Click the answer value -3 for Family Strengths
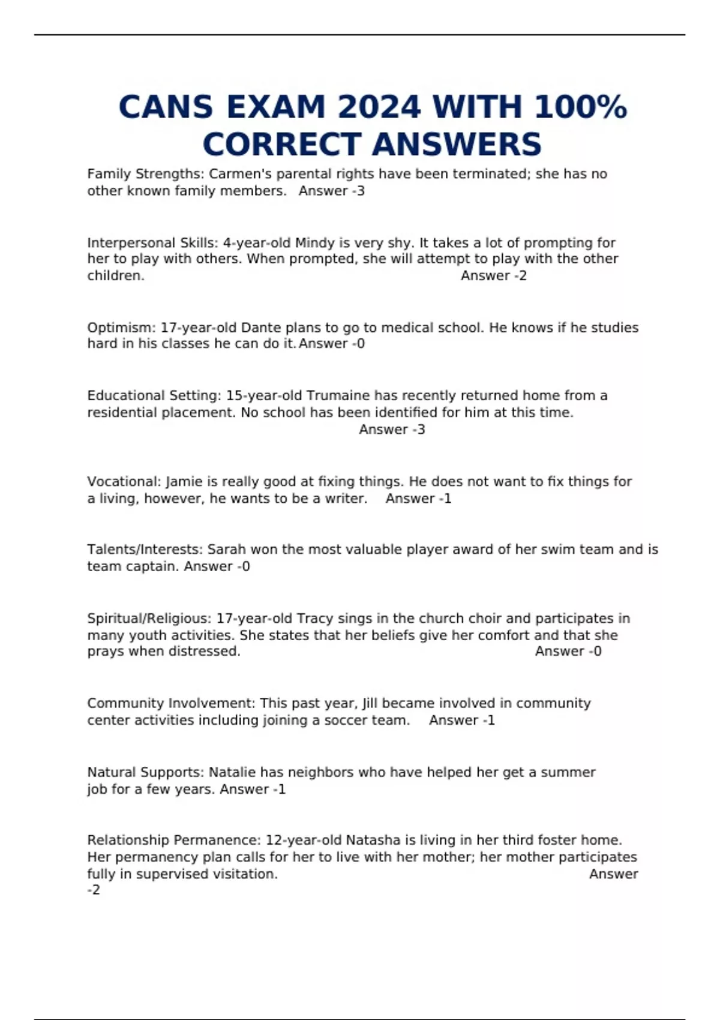(357, 191)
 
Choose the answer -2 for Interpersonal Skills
(519, 276)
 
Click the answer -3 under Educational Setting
(418, 430)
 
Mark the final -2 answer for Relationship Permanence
(94, 890)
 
